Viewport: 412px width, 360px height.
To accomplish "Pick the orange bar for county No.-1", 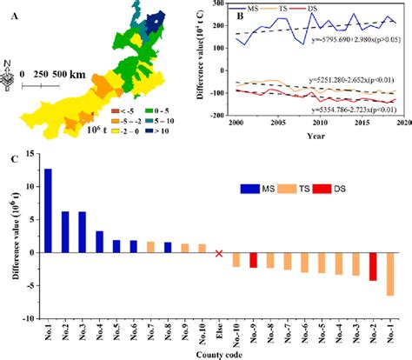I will pos(389,275).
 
